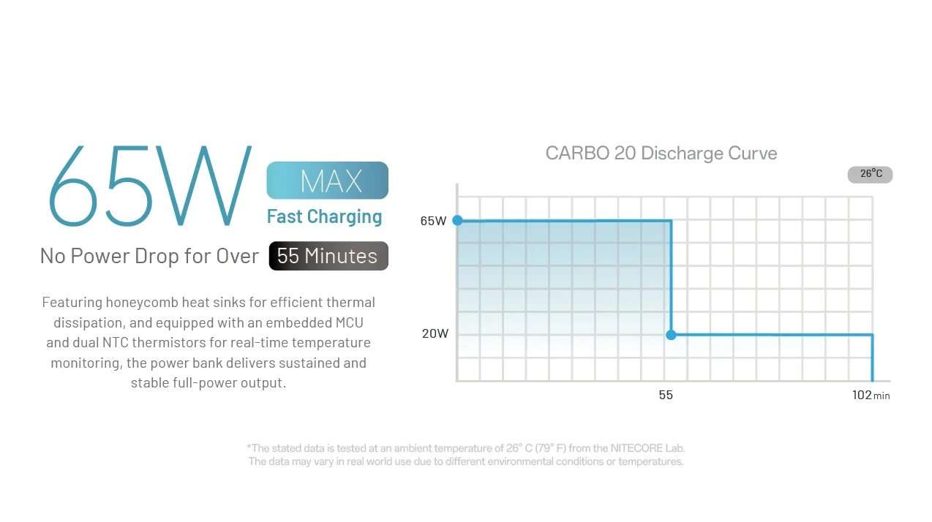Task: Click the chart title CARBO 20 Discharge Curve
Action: pyautogui.click(x=661, y=153)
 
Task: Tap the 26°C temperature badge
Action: pyautogui.click(x=870, y=174)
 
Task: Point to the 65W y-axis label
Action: pyautogui.click(x=433, y=221)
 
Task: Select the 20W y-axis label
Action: pyautogui.click(x=435, y=333)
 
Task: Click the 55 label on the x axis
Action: pyautogui.click(x=666, y=395)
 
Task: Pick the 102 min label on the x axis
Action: pyautogui.click(x=871, y=395)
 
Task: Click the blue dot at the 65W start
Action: pyautogui.click(x=458, y=220)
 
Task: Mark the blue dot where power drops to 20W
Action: pyautogui.click(x=671, y=334)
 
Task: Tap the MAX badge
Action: pyautogui.click(x=328, y=181)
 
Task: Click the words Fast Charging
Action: pyautogui.click(x=324, y=216)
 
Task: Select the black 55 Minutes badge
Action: pyautogui.click(x=328, y=256)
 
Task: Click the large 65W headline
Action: pyautogui.click(x=151, y=186)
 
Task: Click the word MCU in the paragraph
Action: pyautogui.click(x=350, y=322)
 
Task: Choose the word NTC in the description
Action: pyautogui.click(x=113, y=342)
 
